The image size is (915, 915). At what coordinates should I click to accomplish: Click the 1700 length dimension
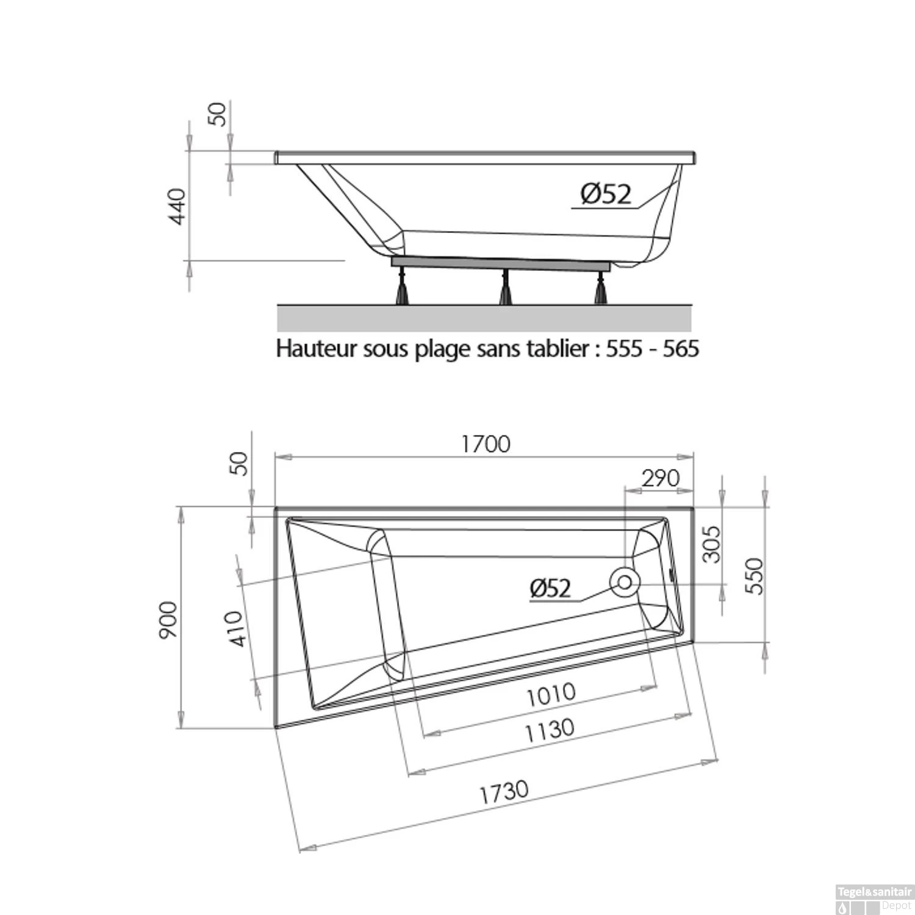pos(486,444)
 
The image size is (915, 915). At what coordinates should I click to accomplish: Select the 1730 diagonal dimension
pos(503,792)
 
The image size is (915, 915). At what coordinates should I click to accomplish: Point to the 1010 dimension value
pos(550,694)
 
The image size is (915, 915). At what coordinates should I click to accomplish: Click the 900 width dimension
pos(168,620)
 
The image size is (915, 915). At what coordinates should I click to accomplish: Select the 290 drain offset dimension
pos(660,478)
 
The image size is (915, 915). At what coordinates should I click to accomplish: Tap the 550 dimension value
pos(754,576)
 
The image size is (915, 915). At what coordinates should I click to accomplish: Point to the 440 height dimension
pos(177,206)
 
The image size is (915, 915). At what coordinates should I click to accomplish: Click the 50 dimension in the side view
pos(217,114)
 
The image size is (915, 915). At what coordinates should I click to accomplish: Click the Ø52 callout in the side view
pos(606,195)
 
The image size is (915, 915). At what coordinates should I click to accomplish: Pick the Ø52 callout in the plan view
pos(550,588)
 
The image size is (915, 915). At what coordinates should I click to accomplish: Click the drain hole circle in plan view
pos(625,582)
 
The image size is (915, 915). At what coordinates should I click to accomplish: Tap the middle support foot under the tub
pos(505,288)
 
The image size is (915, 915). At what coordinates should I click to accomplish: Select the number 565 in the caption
pos(680,349)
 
